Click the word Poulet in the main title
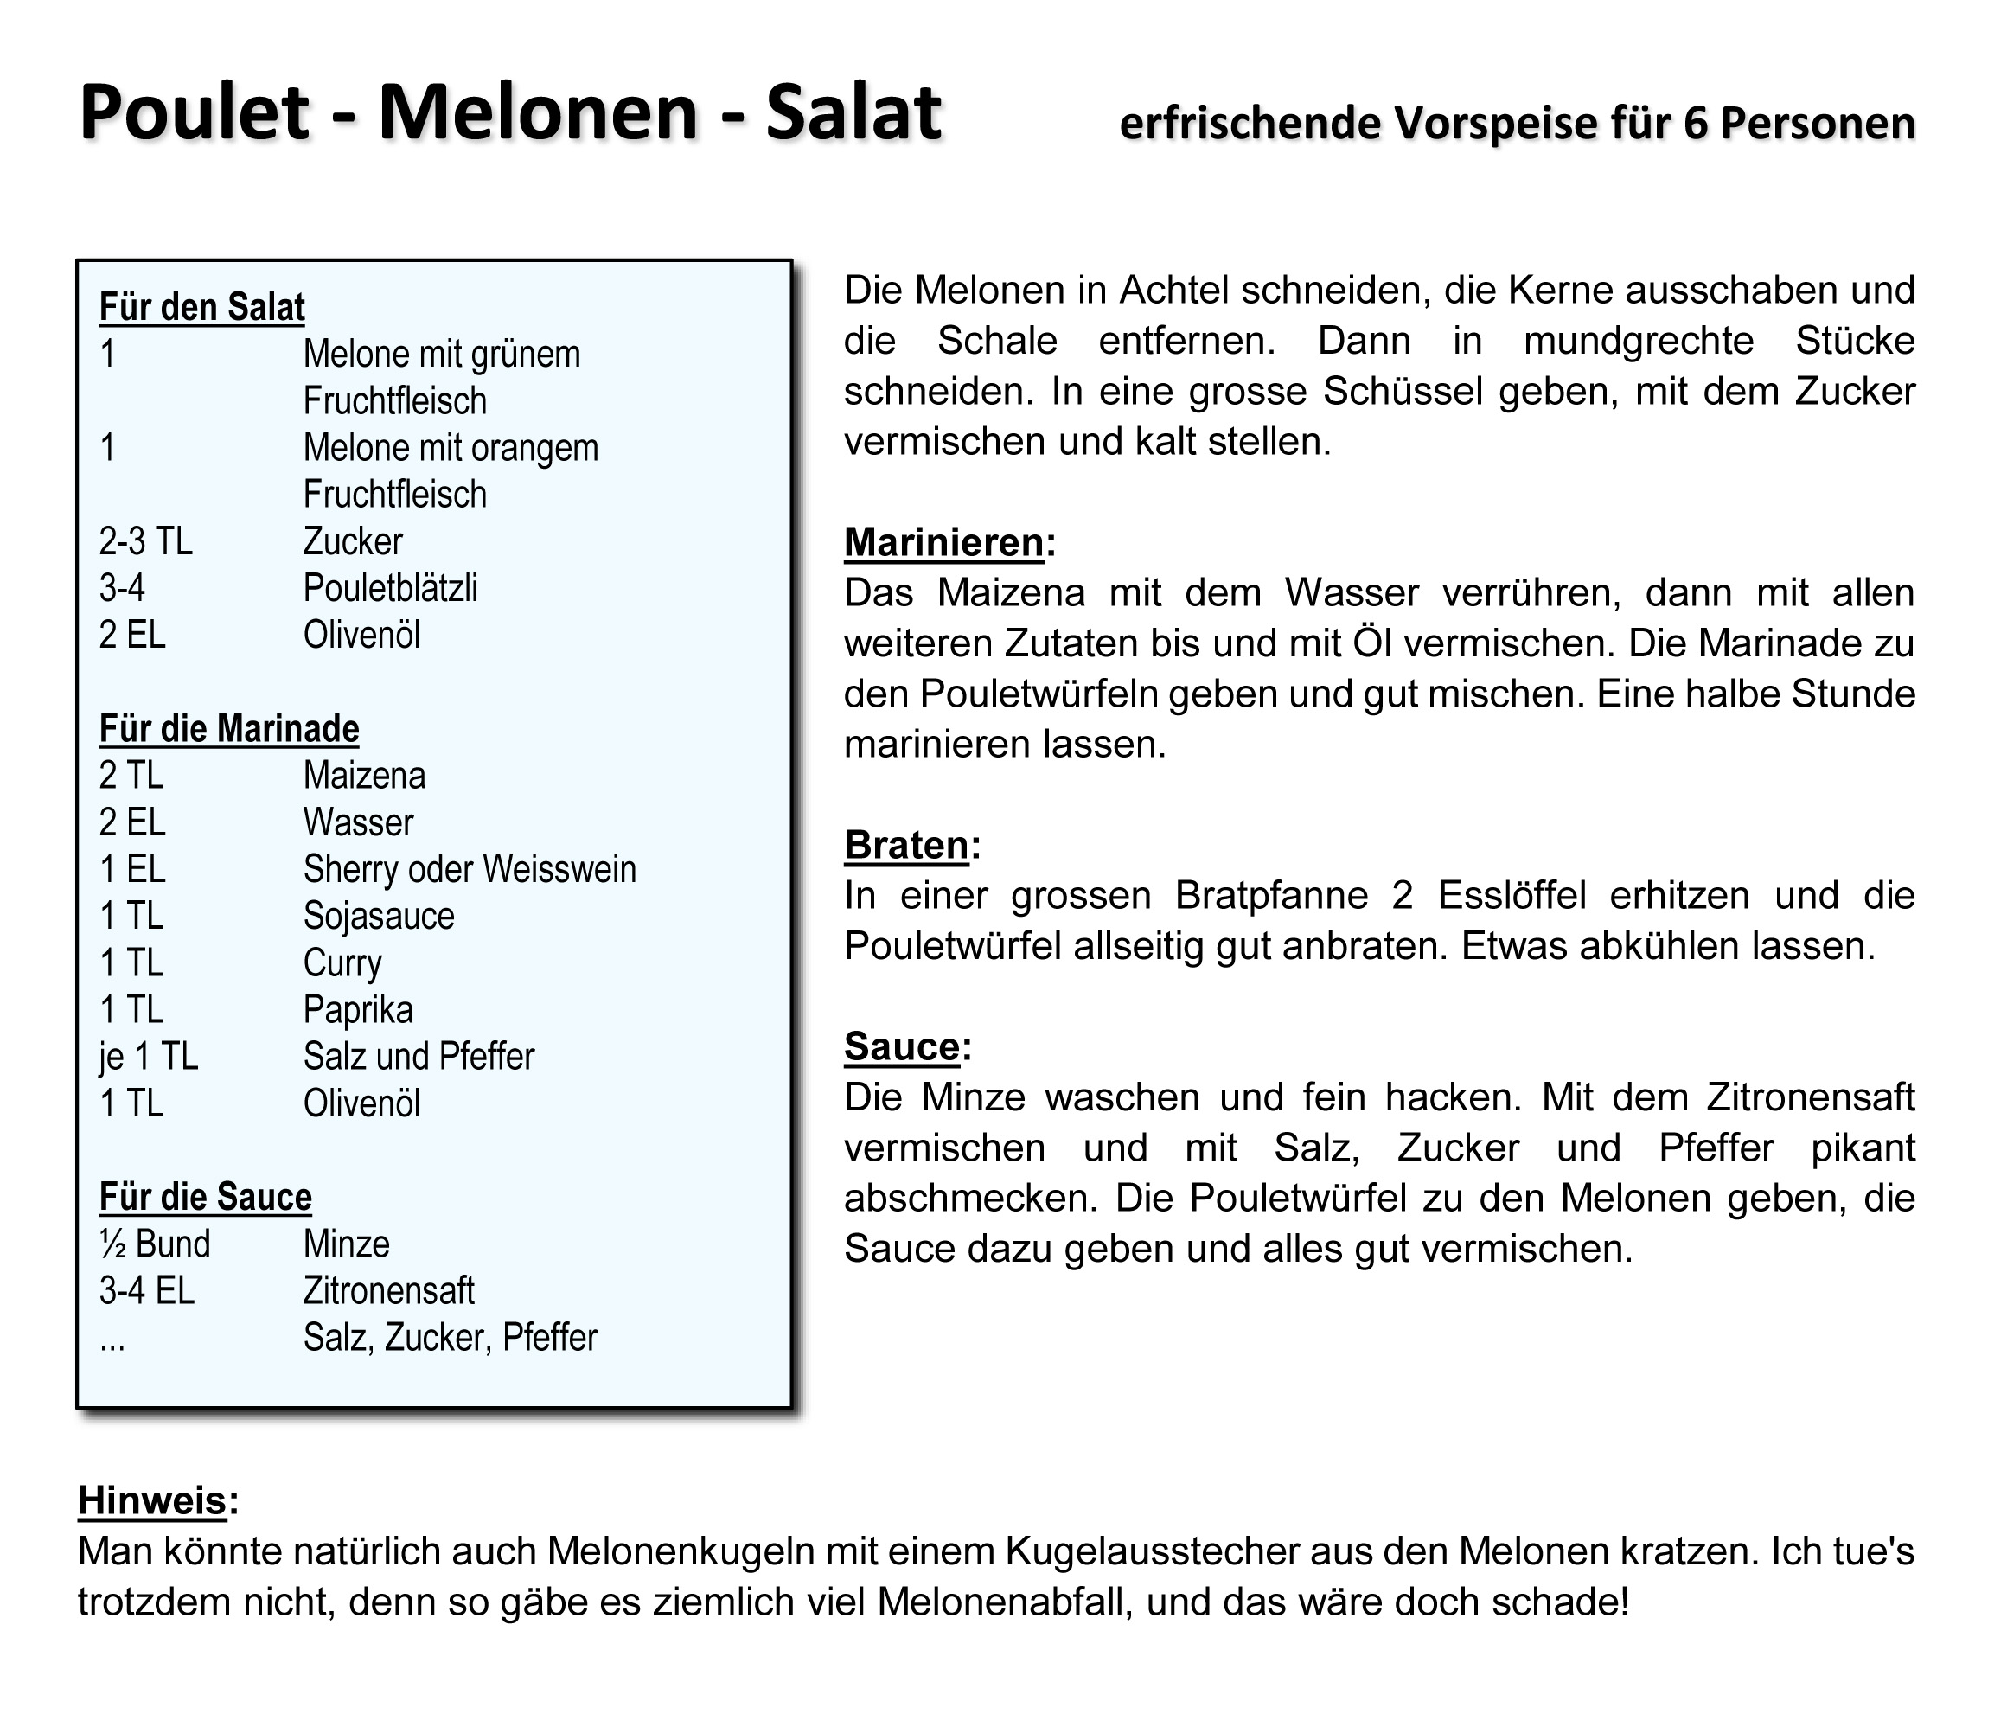point(194,113)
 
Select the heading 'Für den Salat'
point(201,307)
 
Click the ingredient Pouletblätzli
point(390,588)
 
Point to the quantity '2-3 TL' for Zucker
point(145,541)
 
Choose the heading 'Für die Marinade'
point(228,728)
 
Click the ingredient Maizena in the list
point(364,776)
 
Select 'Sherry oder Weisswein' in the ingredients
point(470,869)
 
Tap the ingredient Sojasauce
point(379,917)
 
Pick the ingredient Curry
point(343,962)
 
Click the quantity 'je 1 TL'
point(148,1057)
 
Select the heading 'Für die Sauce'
point(205,1198)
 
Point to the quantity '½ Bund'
point(155,1244)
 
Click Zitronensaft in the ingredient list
point(388,1291)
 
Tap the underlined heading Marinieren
point(944,542)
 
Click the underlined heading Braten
point(906,845)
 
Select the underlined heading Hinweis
point(152,1500)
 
